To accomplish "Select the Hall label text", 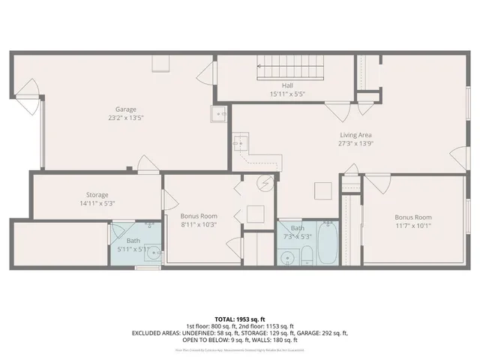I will (287, 86).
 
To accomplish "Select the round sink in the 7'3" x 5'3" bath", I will (287, 258).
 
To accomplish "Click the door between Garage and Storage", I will (147, 169).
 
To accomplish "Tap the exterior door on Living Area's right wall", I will (457, 158).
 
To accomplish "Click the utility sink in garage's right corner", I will (220, 115).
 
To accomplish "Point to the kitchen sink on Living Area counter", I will (240, 140).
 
